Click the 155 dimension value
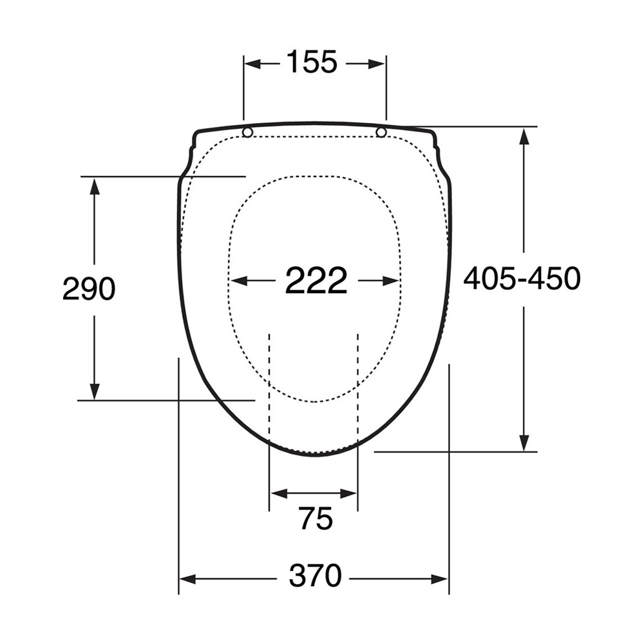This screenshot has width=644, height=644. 311,62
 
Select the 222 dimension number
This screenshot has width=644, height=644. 316,280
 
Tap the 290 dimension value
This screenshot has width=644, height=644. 89,289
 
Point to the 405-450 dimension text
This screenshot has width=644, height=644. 522,278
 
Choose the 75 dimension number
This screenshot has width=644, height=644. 316,518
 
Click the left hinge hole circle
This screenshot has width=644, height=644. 248,132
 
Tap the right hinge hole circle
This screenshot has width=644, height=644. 381,132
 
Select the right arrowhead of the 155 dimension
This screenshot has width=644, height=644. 377,64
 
